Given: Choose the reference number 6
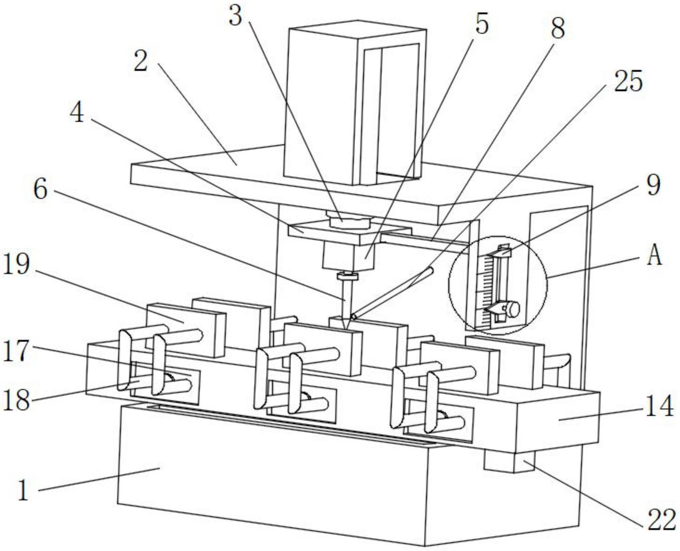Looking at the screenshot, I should pyautogui.click(x=41, y=190).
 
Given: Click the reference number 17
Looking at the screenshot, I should pyautogui.click(x=16, y=350).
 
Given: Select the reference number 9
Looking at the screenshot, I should pyautogui.click(x=653, y=185).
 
